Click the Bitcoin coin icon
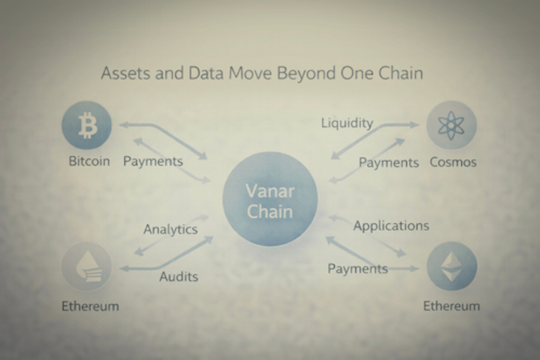pos(87,125)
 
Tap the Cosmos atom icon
pos(451,125)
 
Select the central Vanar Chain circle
pos(270,199)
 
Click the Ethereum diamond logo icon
pos(452,266)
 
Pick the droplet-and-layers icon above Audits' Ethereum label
pos(87,266)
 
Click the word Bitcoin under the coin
pos(89,161)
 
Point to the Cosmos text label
pos(453,162)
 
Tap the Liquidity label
pos(347,123)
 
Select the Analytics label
pos(170,229)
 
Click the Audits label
pos(178,276)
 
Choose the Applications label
pos(391,226)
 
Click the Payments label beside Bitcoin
pos(153,161)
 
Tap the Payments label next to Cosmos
pos(389,162)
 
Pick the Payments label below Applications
pos(358,268)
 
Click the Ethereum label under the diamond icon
pos(451,306)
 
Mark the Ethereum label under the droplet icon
pos(90,306)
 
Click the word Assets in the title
pos(125,73)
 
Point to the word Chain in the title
pos(401,73)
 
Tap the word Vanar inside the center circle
pos(270,191)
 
